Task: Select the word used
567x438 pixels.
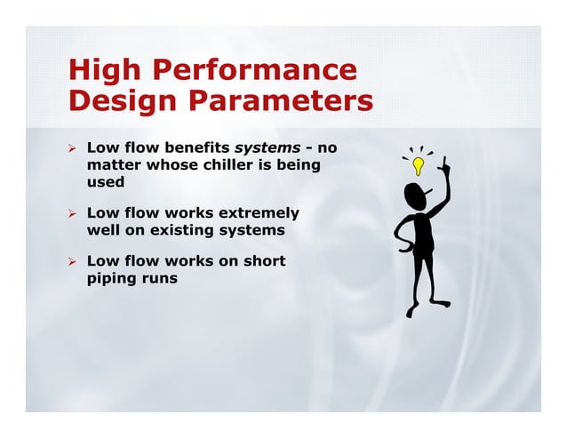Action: pos(106,182)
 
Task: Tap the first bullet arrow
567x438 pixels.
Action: pos(75,147)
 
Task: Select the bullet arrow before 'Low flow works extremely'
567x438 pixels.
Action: pos(75,214)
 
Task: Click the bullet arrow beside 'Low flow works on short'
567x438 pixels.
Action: pos(75,262)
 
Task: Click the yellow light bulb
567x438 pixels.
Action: pos(416,165)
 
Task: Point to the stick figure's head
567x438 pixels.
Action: pos(415,194)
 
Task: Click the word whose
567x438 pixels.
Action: pos(172,164)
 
